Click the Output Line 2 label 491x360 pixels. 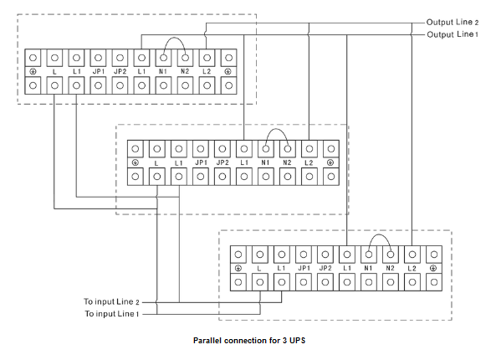tap(453, 23)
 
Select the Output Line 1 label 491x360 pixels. tap(453, 34)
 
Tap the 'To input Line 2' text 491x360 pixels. tap(111, 301)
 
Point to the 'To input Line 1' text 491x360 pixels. tap(111, 314)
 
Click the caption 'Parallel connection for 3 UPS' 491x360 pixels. tap(249, 341)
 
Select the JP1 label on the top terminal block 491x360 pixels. tap(99, 71)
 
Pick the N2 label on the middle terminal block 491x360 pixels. tap(287, 162)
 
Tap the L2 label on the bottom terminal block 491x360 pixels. tap(412, 268)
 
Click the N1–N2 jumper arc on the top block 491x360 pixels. tap(175, 38)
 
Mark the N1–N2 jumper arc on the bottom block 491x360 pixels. tap(380, 234)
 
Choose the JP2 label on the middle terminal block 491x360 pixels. tap(222, 162)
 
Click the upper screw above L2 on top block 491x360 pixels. tap(207, 58)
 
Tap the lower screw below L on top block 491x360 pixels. tap(54, 85)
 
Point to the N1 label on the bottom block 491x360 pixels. tap(368, 268)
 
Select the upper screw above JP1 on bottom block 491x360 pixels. tap(304, 255)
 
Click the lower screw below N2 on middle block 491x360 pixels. tap(288, 177)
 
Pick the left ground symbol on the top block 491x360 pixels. tap(33, 71)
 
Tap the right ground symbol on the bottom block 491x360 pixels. tap(433, 268)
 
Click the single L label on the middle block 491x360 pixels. tap(156, 163)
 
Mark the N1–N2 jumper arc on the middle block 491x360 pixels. tap(277, 129)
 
